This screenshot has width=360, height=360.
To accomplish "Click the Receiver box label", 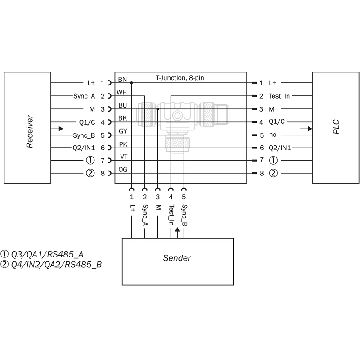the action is pyautogui.click(x=30, y=131).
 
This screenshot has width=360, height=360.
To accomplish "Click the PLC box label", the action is pyautogui.click(x=336, y=127).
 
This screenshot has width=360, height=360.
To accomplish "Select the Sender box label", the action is pyautogui.click(x=177, y=258).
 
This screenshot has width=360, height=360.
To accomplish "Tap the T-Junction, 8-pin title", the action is pyautogui.click(x=180, y=78).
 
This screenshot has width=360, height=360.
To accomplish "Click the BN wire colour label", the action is pyautogui.click(x=122, y=80).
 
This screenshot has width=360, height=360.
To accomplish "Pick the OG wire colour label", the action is pyautogui.click(x=123, y=170).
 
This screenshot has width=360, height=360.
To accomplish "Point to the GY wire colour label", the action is pyautogui.click(x=123, y=131).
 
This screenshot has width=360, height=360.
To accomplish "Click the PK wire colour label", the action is pyautogui.click(x=123, y=144).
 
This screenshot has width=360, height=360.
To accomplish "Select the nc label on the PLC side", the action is pyautogui.click(x=273, y=135).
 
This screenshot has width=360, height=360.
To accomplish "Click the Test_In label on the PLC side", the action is pyautogui.click(x=279, y=96).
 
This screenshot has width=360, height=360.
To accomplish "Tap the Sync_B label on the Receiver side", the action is pyautogui.click(x=84, y=135).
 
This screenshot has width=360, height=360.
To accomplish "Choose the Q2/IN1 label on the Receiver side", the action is pyautogui.click(x=84, y=148).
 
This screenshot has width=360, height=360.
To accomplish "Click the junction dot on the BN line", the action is pyautogui.click(x=131, y=83).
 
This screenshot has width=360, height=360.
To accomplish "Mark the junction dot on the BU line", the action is pyautogui.click(x=158, y=109).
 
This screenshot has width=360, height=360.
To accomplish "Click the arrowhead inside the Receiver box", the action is pyautogui.click(x=61, y=129).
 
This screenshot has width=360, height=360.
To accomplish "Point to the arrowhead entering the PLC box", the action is pyautogui.click(x=310, y=129).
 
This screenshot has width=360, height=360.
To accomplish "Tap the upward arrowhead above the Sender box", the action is pyautogui.click(x=177, y=229).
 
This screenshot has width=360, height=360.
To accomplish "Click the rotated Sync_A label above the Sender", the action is pyautogui.click(x=145, y=215).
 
